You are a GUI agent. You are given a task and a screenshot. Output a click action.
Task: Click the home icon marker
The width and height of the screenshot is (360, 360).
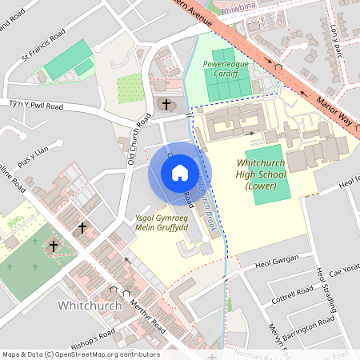tap(179, 173)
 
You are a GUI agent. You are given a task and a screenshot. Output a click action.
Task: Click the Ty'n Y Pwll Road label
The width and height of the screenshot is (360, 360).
tap(36, 106)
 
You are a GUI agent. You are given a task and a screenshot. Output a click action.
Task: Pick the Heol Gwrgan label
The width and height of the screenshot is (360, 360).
tap(276, 260)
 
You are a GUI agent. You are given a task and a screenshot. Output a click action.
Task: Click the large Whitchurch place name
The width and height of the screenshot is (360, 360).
tap(89, 305)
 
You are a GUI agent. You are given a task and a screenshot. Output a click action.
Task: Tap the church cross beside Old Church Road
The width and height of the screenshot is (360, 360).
tap(166, 104)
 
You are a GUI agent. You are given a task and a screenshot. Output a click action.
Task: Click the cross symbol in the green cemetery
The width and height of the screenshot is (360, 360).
tap(53, 246)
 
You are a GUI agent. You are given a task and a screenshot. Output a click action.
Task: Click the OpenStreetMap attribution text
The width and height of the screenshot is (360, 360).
tap(80, 354)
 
